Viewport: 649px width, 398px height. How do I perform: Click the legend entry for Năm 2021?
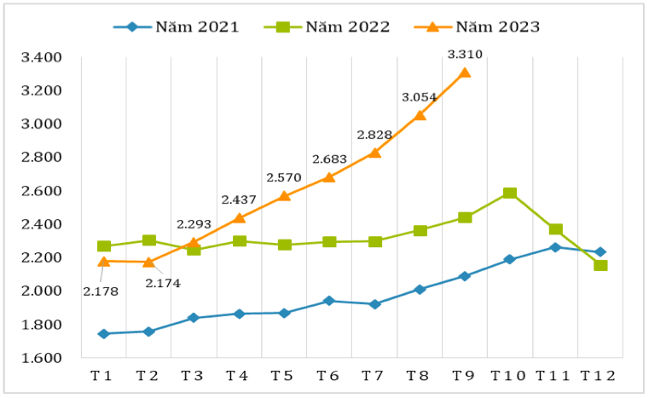point(177,26)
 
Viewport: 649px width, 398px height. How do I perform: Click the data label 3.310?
point(465,55)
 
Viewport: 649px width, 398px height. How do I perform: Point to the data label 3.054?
point(420,97)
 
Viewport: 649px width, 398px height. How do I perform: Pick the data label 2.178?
point(101,291)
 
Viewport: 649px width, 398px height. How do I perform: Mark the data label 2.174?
point(162,282)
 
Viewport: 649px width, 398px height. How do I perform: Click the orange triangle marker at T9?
point(465,72)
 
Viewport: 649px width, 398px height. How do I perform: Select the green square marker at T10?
point(510,193)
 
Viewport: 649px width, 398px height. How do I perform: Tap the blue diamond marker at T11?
point(555,247)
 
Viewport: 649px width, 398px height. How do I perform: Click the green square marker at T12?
point(600,265)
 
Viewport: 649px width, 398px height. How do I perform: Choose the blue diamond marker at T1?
point(103,334)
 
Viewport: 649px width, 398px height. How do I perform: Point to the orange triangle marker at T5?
point(284,195)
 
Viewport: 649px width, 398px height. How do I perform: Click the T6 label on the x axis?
point(329,376)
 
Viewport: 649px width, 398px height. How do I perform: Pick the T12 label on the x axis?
point(600,376)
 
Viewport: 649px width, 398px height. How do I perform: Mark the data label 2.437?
point(239,199)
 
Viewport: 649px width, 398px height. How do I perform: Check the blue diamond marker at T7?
point(374,304)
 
